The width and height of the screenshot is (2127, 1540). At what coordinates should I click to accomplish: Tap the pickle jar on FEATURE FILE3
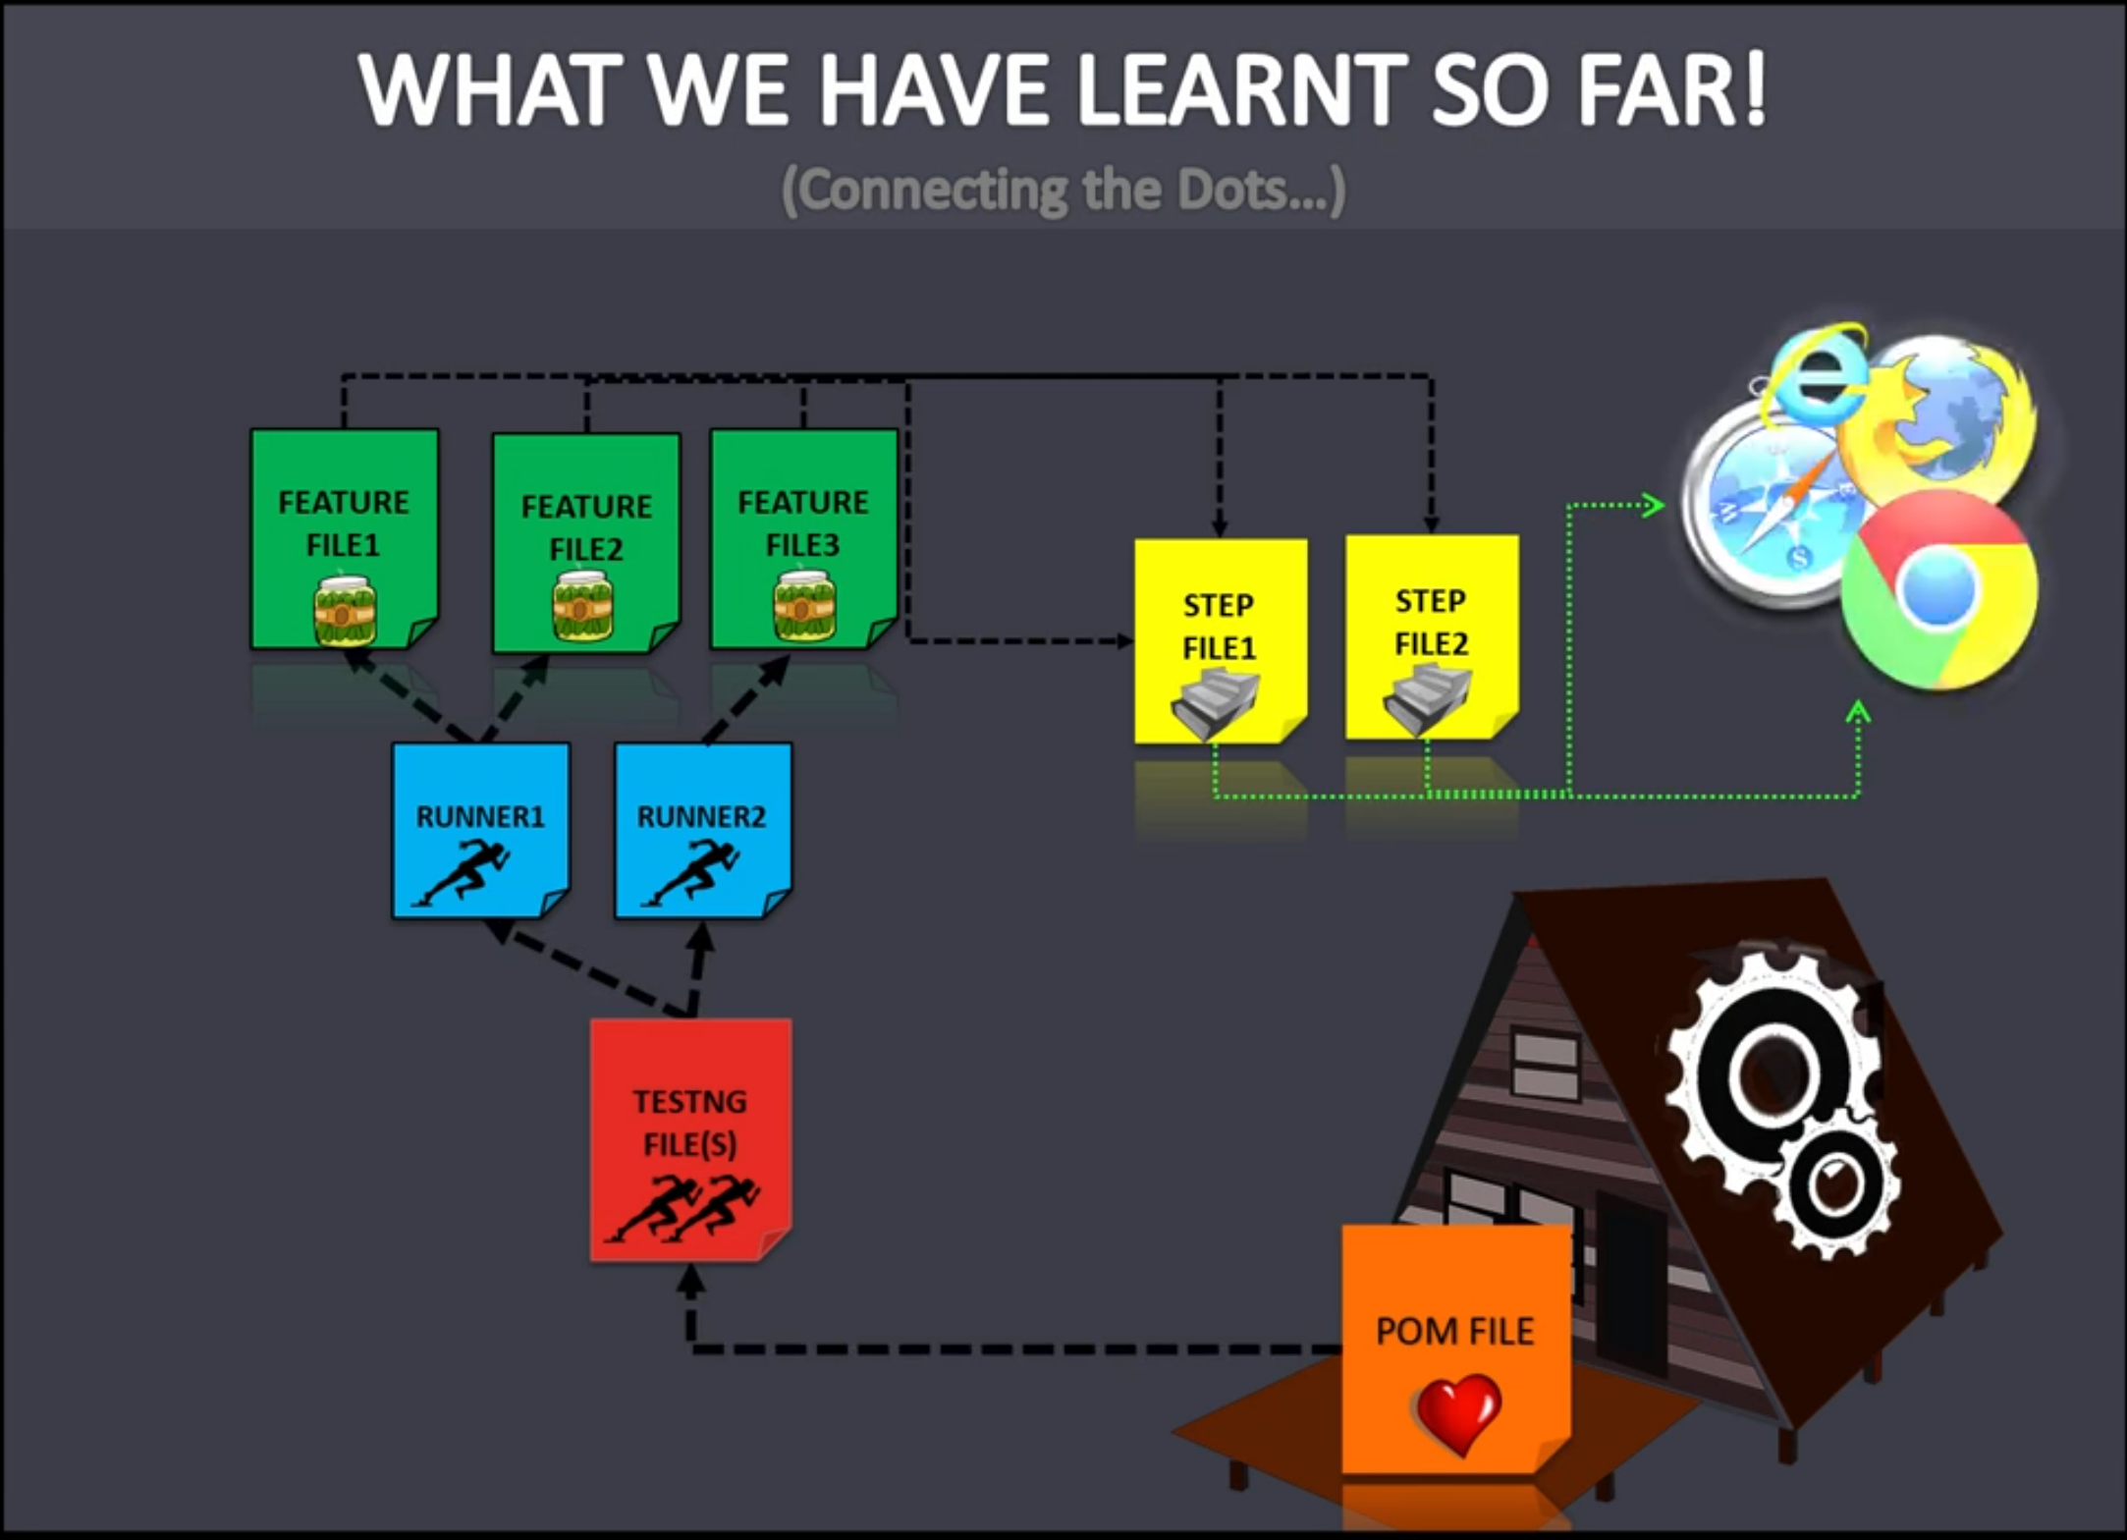[804, 607]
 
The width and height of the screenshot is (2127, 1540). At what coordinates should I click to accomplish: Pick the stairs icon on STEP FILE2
[1427, 698]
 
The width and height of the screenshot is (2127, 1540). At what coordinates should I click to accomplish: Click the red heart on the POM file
[1459, 1412]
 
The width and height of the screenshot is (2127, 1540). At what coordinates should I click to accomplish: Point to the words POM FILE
[1454, 1331]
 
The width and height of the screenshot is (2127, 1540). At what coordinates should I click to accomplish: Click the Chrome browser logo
[1937, 590]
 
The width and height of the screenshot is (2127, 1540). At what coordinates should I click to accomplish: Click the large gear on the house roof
[1772, 1071]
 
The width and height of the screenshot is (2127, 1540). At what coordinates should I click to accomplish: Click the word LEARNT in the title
[1243, 89]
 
